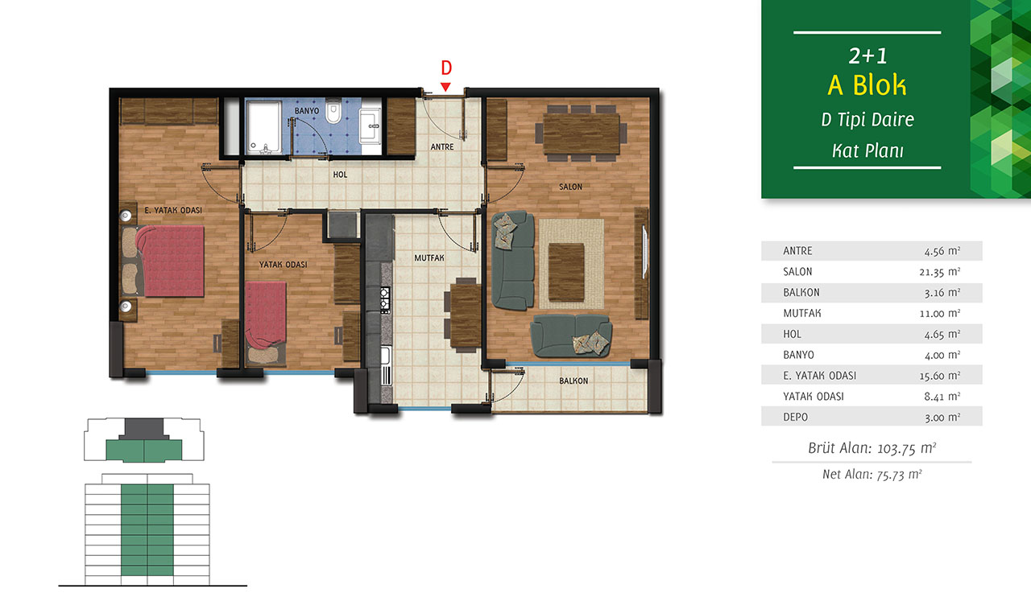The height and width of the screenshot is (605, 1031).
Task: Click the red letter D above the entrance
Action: point(446,68)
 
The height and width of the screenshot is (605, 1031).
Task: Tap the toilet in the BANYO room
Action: point(333,112)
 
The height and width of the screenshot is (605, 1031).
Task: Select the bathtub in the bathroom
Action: point(263,127)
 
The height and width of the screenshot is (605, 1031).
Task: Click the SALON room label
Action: point(571,187)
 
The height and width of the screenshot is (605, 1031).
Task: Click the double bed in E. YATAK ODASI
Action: point(170,261)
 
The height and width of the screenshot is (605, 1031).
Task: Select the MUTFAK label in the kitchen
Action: point(429,258)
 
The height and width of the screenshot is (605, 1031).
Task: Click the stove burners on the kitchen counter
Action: point(385,300)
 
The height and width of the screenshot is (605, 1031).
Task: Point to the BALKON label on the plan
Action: point(573,381)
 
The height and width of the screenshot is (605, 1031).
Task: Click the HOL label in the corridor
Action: point(340,175)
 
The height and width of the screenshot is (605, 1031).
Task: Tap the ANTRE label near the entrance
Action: point(442,146)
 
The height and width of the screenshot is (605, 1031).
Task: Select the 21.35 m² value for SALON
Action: point(940,272)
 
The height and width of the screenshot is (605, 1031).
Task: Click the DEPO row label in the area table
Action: point(795,418)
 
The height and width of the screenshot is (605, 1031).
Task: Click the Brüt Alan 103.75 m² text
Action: point(872,448)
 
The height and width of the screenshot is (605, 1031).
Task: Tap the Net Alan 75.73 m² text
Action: point(872,474)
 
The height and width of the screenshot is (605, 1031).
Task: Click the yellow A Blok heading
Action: point(867,85)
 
